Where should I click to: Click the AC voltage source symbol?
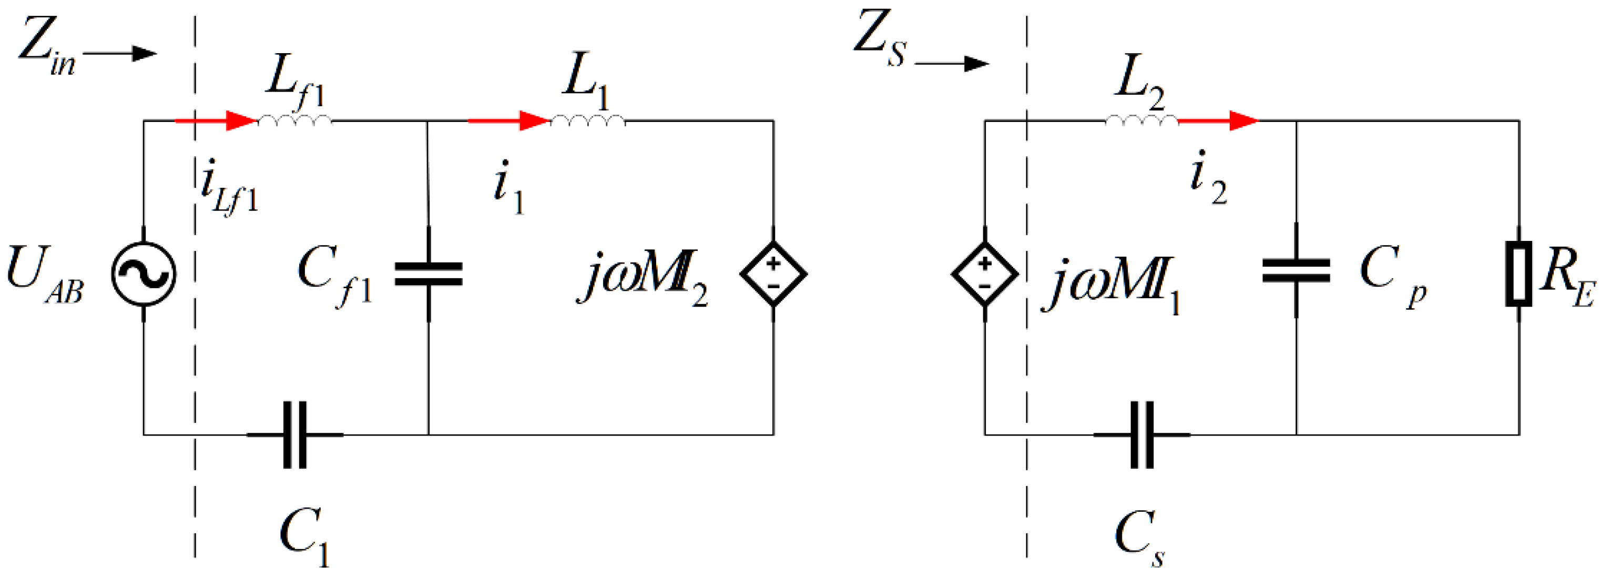(144, 274)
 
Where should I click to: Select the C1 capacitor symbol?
(295, 434)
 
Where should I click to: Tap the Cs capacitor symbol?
(1141, 434)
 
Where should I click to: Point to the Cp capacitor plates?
(1297, 271)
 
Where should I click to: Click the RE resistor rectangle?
(1518, 274)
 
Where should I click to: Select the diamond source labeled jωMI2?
(773, 274)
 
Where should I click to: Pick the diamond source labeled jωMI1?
(984, 274)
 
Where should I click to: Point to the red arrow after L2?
(1218, 120)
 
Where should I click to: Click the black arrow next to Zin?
(119, 54)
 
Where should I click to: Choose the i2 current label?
(1208, 178)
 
